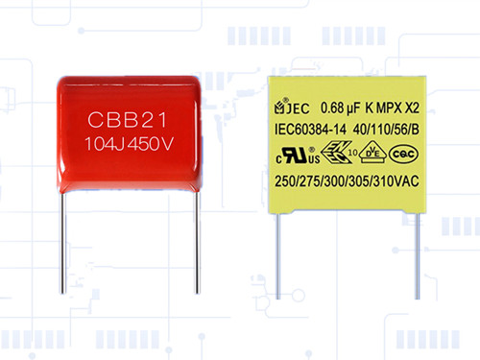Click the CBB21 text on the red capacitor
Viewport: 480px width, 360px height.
click(x=132, y=123)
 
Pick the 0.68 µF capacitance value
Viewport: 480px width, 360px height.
click(x=338, y=107)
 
